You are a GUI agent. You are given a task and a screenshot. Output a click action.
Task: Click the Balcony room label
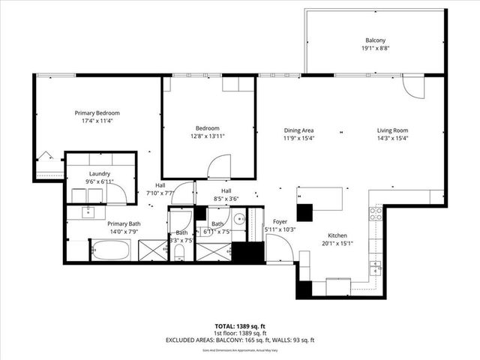tap(374, 40)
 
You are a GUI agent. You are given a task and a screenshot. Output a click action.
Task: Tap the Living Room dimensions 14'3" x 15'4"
tap(392, 138)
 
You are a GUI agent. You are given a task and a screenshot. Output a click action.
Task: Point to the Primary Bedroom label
tap(97, 113)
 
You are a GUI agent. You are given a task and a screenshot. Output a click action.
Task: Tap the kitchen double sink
tap(376, 266)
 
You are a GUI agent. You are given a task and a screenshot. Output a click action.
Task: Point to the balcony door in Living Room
tap(413, 88)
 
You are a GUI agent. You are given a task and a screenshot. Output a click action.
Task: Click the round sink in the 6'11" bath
tap(238, 220)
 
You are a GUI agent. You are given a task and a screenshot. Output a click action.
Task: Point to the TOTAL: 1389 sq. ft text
tap(240, 326)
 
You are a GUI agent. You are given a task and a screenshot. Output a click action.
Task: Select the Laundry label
tap(100, 174)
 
